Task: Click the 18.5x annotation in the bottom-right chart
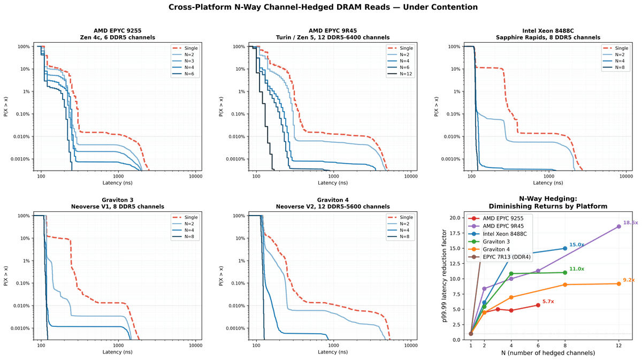point(630,223)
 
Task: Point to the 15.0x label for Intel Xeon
point(576,244)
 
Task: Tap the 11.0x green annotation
point(576,269)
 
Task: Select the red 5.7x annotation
point(548,302)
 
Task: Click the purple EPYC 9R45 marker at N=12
point(619,226)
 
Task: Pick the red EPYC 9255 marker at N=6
point(538,305)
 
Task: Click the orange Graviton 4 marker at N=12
point(619,284)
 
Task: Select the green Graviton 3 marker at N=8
point(565,272)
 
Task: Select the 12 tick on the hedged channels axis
point(619,346)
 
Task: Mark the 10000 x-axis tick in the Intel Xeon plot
point(625,176)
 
